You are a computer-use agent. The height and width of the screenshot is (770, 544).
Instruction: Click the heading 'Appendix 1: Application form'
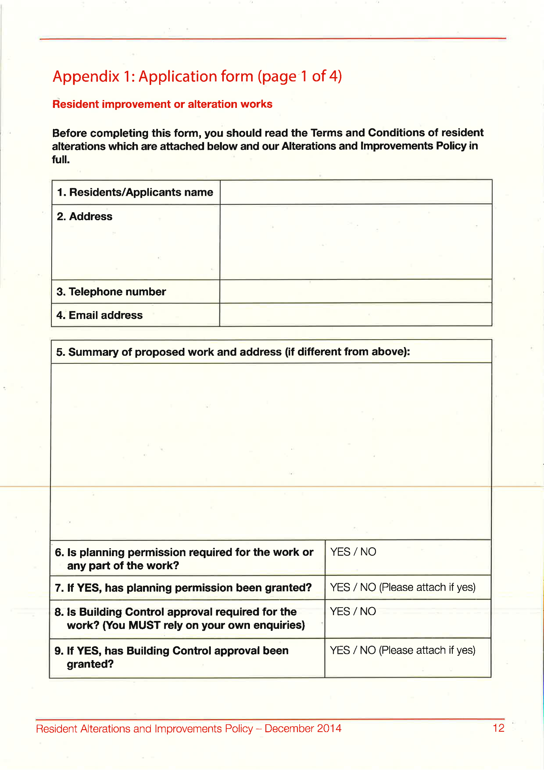coord(197,76)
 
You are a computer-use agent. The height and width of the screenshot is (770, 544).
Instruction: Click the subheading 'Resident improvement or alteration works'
coord(162,104)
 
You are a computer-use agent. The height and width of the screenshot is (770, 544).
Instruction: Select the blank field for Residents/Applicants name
coord(356,192)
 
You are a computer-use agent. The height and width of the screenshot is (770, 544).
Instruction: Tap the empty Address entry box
coord(356,242)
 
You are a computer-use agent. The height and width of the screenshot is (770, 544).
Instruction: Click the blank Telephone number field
coord(356,292)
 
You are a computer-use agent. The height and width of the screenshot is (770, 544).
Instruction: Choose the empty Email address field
coord(356,315)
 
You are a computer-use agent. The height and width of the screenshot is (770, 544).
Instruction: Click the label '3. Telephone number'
coord(111,292)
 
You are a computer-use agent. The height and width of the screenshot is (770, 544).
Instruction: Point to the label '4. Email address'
coord(99,315)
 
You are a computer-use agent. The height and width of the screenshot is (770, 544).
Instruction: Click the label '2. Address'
coord(84,217)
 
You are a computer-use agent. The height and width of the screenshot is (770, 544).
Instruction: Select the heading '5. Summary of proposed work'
coord(233,352)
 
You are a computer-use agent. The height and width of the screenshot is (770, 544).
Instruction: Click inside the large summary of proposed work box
coord(271,451)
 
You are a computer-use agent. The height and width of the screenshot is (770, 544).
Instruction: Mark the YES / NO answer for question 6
coord(353,552)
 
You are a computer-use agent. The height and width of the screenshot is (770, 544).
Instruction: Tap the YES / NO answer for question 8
coord(353,611)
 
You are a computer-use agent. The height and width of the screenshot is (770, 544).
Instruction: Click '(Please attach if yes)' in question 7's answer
coord(427,587)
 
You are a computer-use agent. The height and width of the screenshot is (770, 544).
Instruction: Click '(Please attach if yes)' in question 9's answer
coord(427,650)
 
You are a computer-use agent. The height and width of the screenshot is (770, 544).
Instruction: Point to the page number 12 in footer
coord(499,728)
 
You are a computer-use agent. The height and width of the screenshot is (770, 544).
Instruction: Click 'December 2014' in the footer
coord(303,728)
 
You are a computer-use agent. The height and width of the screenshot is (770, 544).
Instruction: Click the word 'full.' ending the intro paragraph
coord(61,160)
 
